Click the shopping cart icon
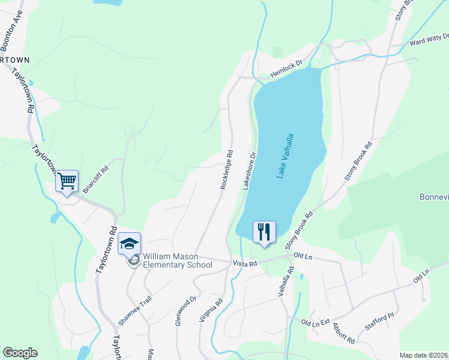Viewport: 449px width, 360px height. coord(67,181)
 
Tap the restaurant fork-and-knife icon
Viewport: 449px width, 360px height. coord(264,232)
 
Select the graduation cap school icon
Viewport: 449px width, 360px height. coord(129,243)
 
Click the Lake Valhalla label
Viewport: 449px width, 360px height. coord(286,155)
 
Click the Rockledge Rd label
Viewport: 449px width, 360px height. coord(226,170)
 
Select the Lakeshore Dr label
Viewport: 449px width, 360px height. coord(250,171)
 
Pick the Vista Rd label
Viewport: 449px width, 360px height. coord(245,263)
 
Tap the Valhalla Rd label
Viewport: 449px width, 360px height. coord(286,282)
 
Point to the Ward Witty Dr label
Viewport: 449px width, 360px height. coord(429,40)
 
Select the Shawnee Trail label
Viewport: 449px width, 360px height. coord(132,310)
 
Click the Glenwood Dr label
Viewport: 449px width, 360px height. coord(185,311)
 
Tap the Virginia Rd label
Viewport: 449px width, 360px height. coord(211,311)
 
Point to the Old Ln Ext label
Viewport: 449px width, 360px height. coord(316,323)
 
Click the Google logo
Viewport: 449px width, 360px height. coord(20,353)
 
